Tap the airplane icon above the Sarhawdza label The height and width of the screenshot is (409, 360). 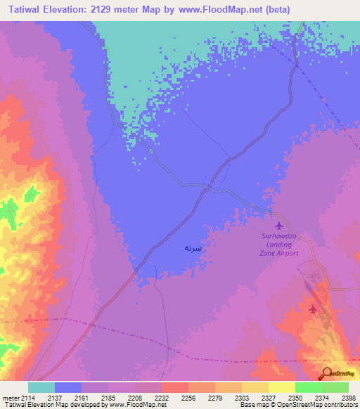pos(281,226)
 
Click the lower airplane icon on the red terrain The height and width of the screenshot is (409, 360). pos(313,309)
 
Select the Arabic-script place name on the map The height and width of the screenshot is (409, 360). pos(193,248)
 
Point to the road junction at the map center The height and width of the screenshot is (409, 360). pos(212,186)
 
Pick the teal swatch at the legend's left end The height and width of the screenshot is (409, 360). pos(41,387)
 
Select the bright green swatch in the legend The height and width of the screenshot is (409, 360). pos(308,387)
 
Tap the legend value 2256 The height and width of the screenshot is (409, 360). pos(188,398)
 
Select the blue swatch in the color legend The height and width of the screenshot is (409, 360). pos(68,387)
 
